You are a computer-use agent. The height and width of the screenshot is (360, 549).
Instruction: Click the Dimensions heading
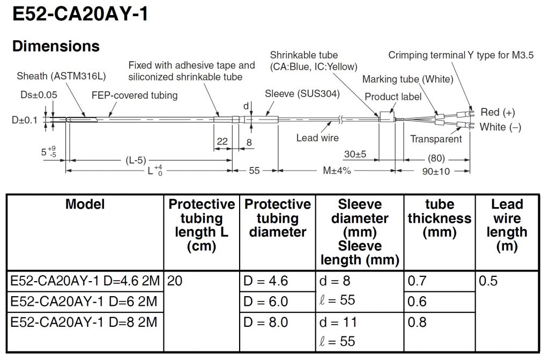coord(56,46)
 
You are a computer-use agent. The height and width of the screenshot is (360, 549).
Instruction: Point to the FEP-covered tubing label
coord(135,95)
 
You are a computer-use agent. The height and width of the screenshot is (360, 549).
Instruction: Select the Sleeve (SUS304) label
coord(302,94)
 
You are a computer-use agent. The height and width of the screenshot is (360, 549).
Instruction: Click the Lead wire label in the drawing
coord(317,138)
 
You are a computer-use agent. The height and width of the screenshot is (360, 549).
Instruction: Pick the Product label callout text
coord(393,97)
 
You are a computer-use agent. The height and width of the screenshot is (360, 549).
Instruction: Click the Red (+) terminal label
coord(498,112)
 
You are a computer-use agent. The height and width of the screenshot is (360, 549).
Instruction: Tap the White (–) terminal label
coord(500,127)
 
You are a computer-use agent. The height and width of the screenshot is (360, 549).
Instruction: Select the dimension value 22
coord(222,142)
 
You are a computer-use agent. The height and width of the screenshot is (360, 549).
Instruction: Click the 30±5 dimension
coord(355,154)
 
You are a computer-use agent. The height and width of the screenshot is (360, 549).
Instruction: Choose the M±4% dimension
coord(336,171)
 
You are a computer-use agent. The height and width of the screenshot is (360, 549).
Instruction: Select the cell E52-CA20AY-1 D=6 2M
coord(84,302)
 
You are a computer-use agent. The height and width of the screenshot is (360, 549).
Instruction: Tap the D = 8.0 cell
coord(266,323)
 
